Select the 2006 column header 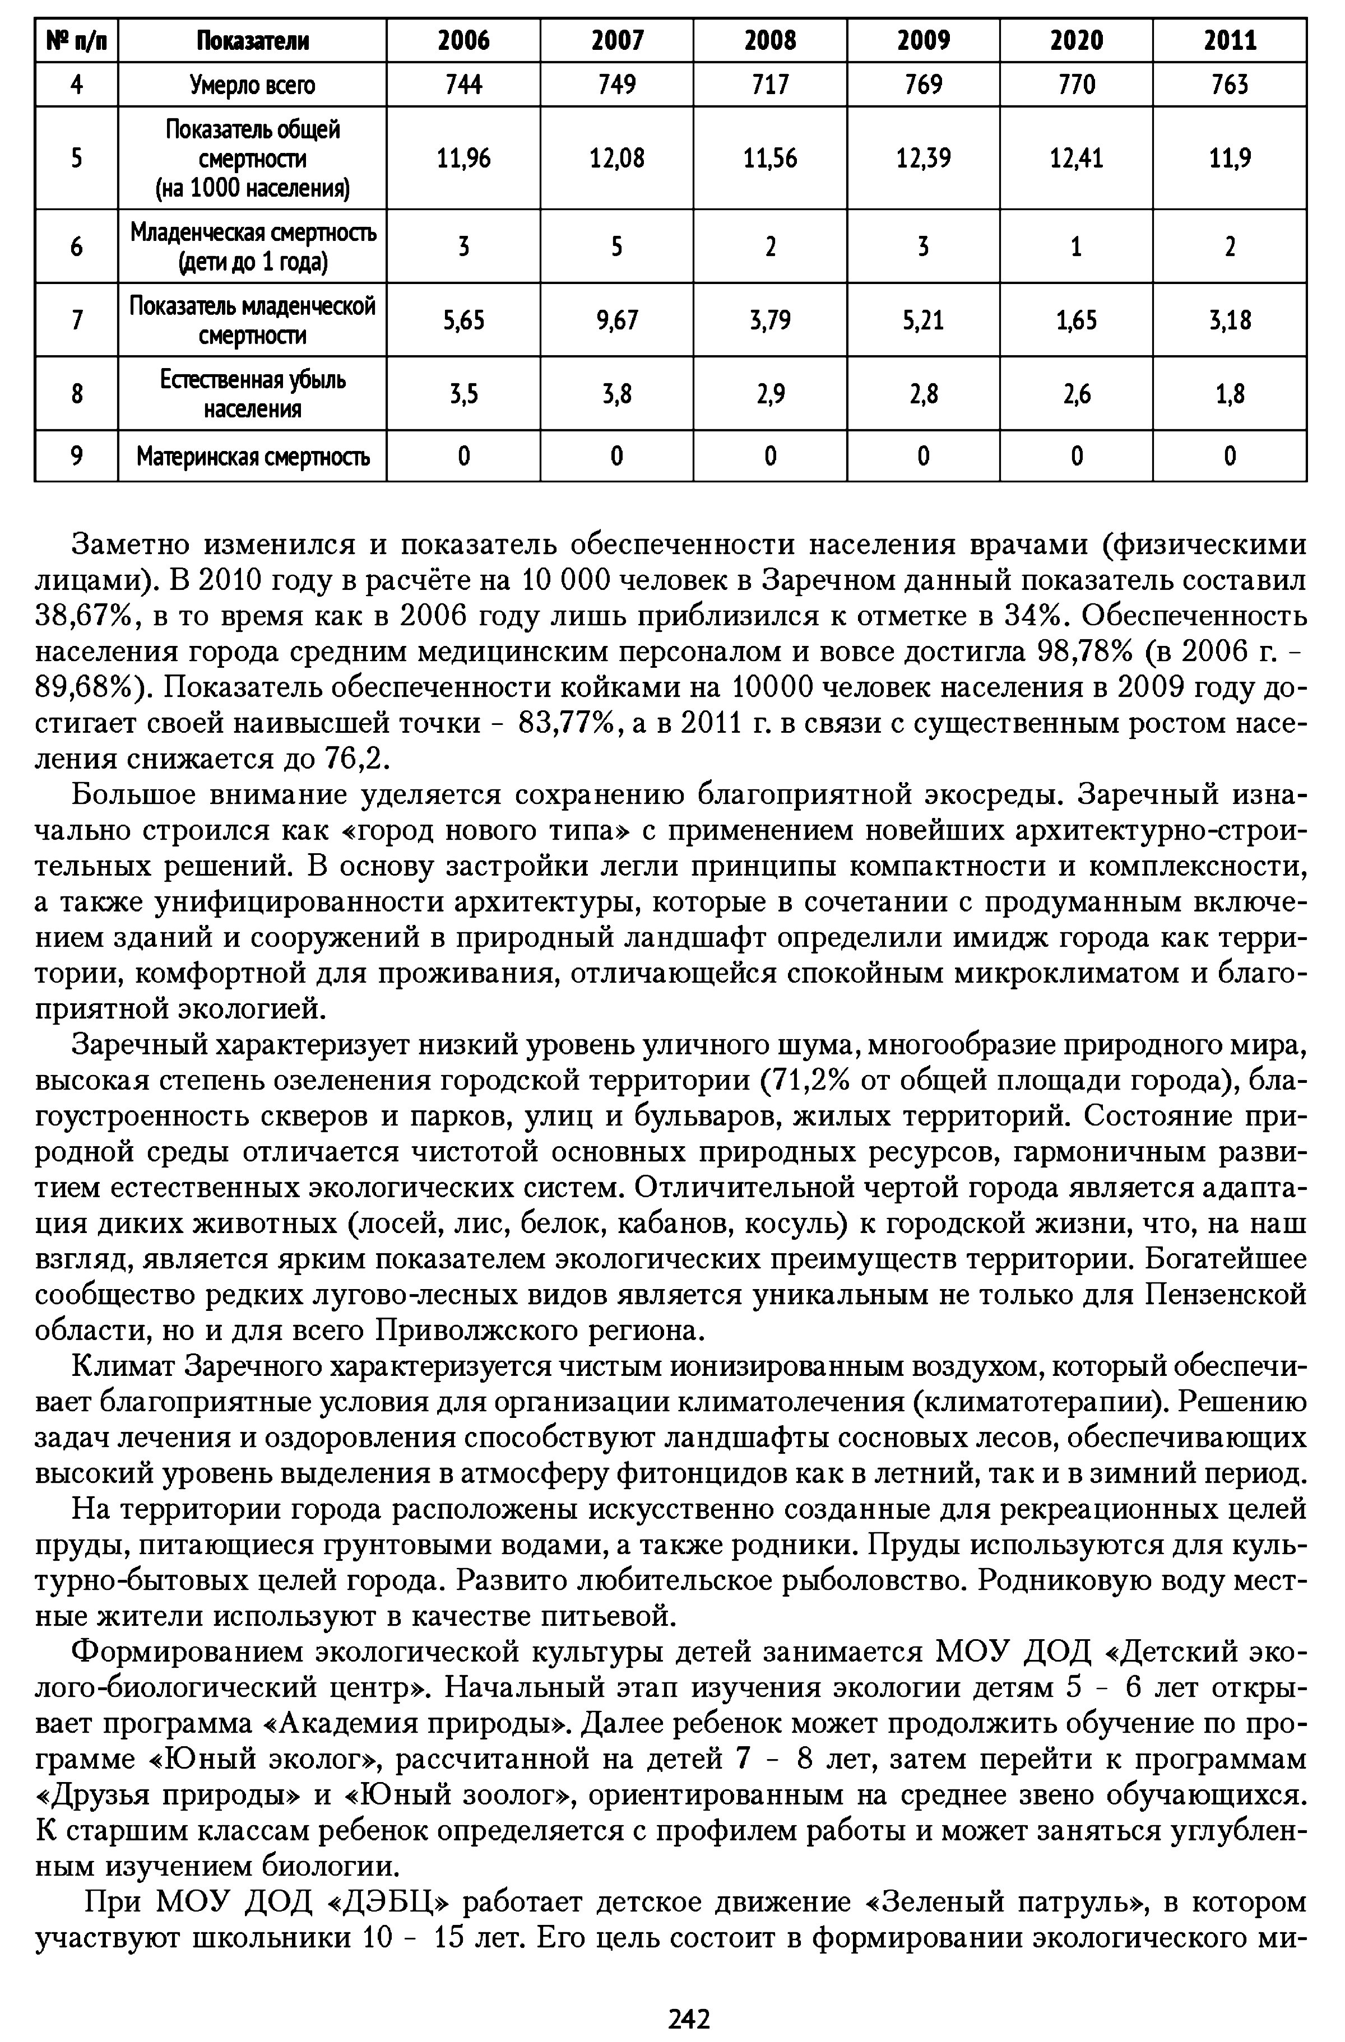point(463,40)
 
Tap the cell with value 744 point(463,84)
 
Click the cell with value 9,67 point(616,320)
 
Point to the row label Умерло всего point(252,84)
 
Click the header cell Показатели point(252,40)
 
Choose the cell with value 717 point(770,84)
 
